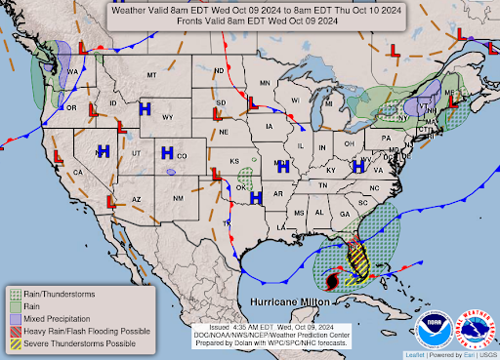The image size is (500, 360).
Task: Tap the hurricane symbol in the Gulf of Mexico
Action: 332,281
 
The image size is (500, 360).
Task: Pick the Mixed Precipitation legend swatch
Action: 17,319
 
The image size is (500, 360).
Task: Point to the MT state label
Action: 151,75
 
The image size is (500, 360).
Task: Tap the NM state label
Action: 177,199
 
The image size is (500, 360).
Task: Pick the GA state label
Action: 343,214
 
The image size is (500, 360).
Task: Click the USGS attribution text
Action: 486,353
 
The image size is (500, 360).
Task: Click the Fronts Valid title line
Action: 249,20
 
